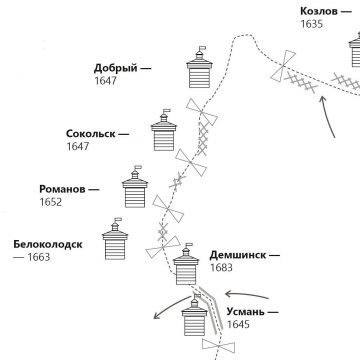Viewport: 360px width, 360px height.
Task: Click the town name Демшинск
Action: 240,255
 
